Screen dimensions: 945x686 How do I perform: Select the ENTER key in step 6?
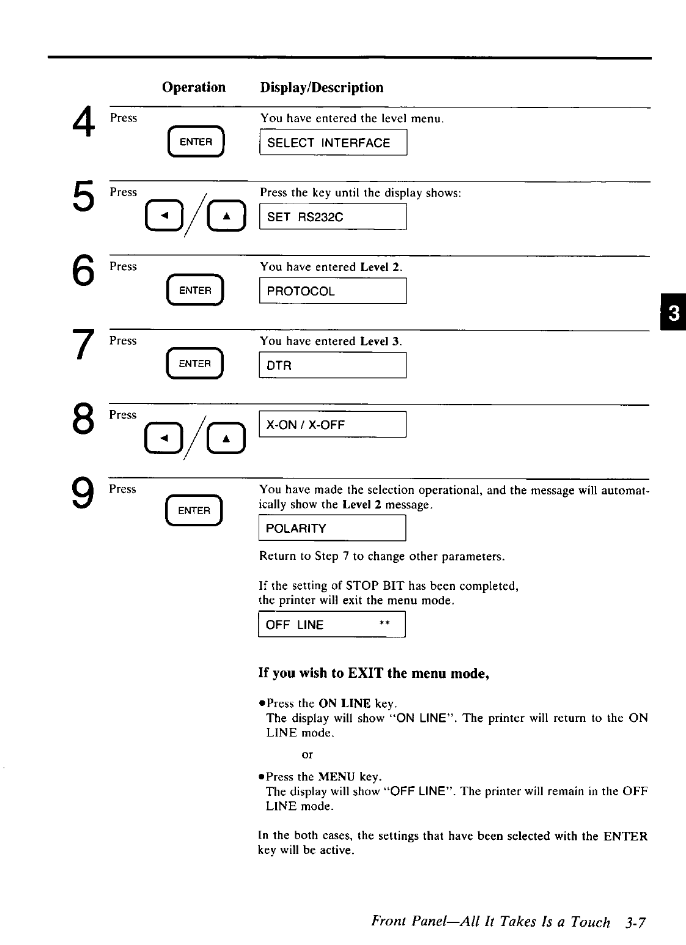pos(195,291)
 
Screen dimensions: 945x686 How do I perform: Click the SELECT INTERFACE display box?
pos(333,143)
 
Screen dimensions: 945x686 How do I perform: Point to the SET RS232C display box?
pos(333,217)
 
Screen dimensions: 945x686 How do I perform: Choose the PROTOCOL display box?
pos(333,291)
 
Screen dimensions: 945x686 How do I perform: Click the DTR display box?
pos(333,366)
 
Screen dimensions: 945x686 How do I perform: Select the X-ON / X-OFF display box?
pos(333,425)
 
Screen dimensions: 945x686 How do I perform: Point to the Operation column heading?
pos(194,87)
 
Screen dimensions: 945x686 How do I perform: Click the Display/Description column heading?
pos(322,87)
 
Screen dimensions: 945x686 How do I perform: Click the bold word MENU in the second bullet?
pos(337,777)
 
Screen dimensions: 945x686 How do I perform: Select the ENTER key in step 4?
pos(196,142)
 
